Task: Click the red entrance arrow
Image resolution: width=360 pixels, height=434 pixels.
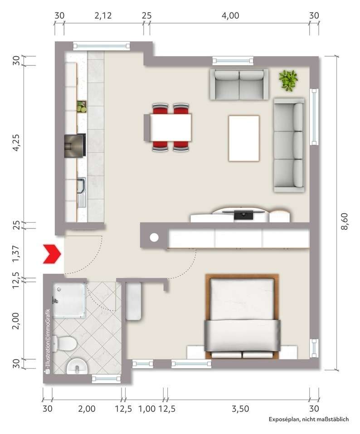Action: (x=52, y=254)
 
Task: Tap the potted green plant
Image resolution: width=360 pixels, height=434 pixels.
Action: (x=288, y=80)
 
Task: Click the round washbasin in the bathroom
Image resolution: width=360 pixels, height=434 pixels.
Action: (x=76, y=366)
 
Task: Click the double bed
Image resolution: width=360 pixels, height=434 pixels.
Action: (x=242, y=316)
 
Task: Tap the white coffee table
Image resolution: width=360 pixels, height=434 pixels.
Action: (x=244, y=138)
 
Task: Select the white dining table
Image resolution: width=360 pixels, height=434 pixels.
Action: (x=170, y=127)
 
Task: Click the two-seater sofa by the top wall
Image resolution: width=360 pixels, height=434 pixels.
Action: (x=238, y=84)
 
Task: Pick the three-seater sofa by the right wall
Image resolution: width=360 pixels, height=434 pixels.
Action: (x=289, y=145)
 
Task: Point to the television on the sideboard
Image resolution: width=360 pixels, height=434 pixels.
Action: (x=244, y=215)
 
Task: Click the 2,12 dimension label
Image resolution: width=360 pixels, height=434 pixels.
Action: (x=103, y=15)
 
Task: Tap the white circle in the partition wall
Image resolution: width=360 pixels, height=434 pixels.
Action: (x=154, y=237)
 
